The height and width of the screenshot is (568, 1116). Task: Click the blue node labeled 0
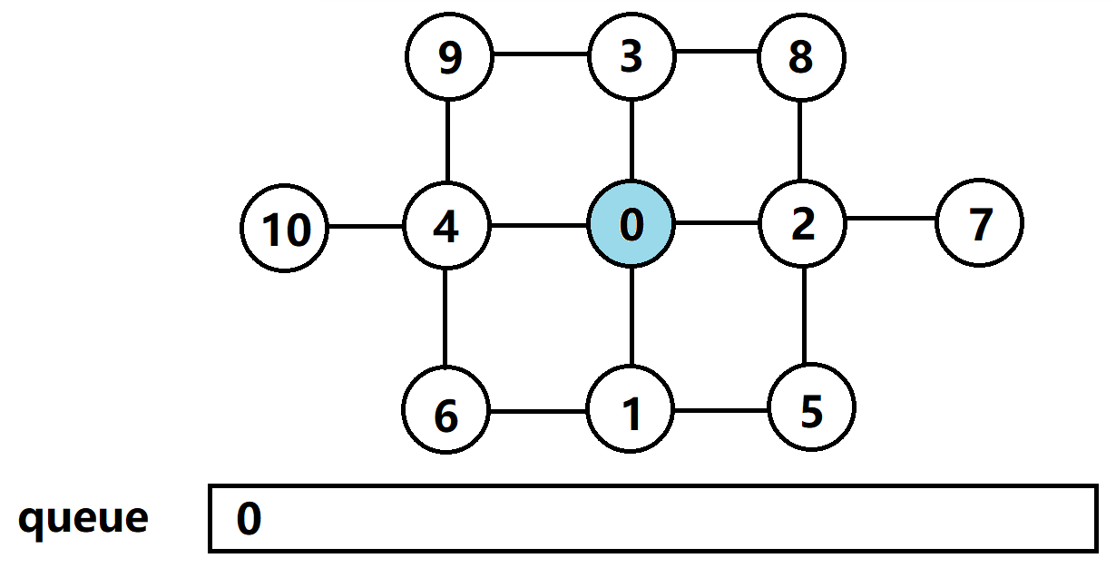click(631, 224)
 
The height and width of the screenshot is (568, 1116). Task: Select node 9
click(449, 58)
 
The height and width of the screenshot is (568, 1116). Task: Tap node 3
click(631, 58)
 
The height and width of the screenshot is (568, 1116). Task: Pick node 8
click(801, 58)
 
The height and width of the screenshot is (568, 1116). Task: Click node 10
click(286, 229)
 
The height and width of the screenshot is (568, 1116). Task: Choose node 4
click(446, 225)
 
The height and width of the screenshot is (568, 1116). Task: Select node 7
click(979, 223)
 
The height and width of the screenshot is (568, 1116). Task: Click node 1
click(631, 412)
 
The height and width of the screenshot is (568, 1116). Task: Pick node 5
click(811, 410)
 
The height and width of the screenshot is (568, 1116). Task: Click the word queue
click(83, 518)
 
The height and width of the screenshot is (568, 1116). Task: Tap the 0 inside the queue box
click(250, 520)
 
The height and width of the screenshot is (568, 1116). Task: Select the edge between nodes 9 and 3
click(540, 54)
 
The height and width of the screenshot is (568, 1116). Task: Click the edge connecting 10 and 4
click(366, 226)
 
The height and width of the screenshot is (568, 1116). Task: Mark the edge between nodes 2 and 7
click(890, 219)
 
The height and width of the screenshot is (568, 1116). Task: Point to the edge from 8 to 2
click(799, 141)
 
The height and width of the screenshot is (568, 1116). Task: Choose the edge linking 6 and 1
click(538, 412)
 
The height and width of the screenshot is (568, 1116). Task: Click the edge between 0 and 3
click(631, 141)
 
